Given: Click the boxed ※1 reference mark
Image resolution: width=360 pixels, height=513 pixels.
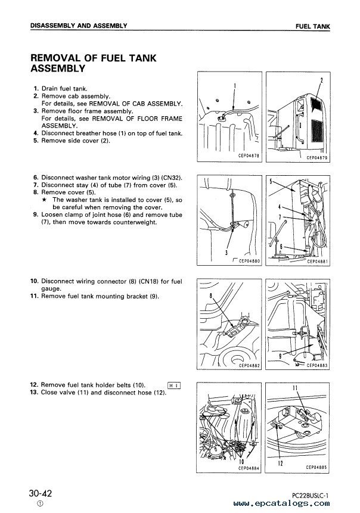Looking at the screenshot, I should tap(175, 385).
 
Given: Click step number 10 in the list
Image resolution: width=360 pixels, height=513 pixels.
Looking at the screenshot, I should tap(35, 281).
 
